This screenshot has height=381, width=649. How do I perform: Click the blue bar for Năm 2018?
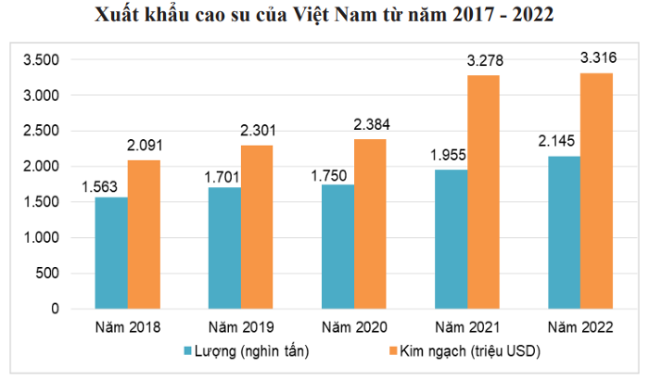pyautogui.click(x=111, y=252)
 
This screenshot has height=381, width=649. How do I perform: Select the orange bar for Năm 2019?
pyautogui.click(x=257, y=226)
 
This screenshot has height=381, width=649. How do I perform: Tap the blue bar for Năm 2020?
pyautogui.click(x=337, y=246)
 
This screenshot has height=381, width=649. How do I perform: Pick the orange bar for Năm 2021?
pyautogui.click(x=483, y=191)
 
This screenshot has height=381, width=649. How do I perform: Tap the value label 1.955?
pyautogui.click(x=449, y=155)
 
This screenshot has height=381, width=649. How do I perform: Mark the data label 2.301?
pyautogui.click(x=257, y=131)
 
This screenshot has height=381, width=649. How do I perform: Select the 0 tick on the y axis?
pyautogui.click(x=55, y=309)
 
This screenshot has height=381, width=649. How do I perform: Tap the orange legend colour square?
pyautogui.click(x=391, y=350)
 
